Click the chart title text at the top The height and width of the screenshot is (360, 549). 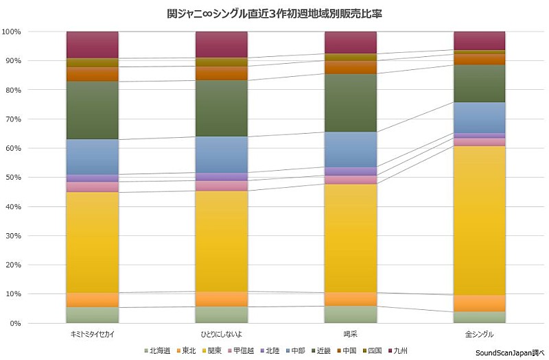point(274,13)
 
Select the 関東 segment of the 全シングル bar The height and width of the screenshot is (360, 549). point(480,219)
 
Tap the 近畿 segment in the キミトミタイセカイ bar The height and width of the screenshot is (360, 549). point(93,110)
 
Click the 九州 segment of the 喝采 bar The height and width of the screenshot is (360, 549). point(351,42)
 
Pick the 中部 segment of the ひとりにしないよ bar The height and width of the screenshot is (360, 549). point(222,154)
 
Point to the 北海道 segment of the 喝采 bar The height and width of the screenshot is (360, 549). point(351,314)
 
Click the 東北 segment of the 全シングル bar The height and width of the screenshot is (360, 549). point(480,303)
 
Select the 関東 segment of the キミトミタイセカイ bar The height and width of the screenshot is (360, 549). point(93,241)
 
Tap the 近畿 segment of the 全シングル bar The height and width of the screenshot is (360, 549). point(480,83)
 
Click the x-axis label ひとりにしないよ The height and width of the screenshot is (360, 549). point(222,334)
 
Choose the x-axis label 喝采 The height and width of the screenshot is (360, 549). point(351,334)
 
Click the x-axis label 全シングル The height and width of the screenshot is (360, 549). point(480,334)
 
